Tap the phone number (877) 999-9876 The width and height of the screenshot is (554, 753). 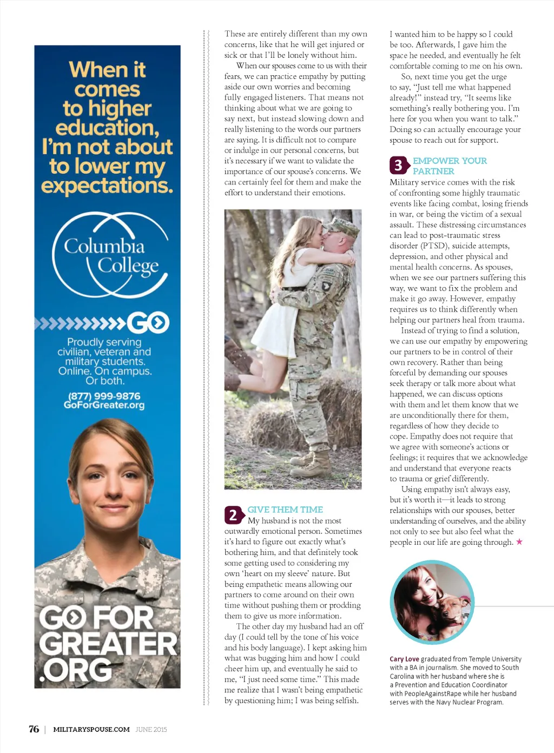pos(104,396)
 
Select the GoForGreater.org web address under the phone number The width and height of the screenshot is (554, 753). pos(104,405)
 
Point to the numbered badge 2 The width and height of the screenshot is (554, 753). pos(233,515)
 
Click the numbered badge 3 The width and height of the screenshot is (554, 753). pos(398,166)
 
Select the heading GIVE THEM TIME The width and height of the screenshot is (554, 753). pos(285,510)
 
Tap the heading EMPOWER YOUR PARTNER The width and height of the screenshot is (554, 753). pos(449,166)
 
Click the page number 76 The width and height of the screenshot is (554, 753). pos(34,729)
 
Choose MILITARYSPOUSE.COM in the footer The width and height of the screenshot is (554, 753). pos(91,729)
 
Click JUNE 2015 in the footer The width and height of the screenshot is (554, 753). pos(151,729)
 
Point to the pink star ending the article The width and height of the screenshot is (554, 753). pos(519,541)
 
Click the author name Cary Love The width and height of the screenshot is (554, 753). pos(404,659)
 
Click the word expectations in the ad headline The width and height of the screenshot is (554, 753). pos(107,186)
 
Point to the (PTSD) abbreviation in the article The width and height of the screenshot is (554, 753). pos(434,246)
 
